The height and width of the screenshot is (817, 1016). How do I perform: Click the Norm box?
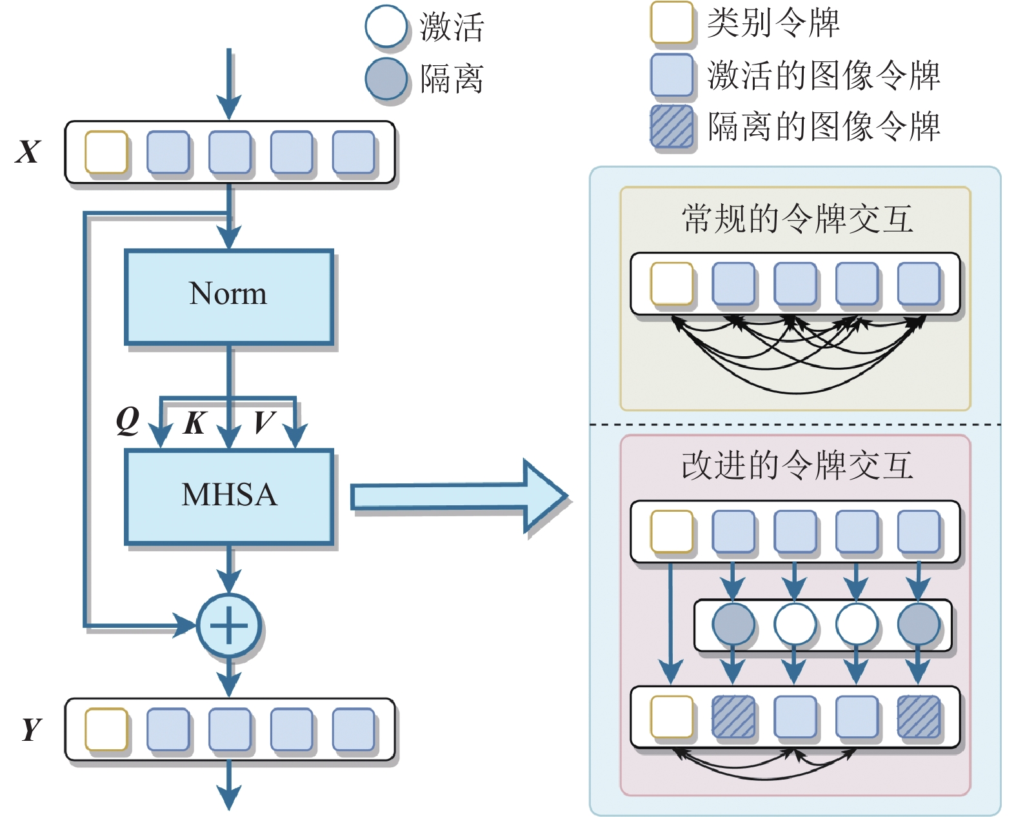tap(229, 296)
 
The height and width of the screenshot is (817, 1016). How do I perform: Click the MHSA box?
tap(229, 496)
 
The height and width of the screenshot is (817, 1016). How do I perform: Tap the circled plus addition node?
tap(229, 625)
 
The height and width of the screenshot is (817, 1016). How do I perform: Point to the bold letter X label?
tap(27, 152)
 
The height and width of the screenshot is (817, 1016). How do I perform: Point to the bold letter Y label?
tap(30, 729)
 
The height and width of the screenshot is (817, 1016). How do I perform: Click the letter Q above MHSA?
tap(128, 421)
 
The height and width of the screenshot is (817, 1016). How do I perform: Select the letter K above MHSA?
tap(194, 423)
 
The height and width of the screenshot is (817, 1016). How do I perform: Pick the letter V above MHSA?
tap(264, 423)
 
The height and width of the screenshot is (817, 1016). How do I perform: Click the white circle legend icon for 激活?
tap(386, 27)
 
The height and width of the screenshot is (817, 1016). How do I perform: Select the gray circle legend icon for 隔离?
tap(386, 79)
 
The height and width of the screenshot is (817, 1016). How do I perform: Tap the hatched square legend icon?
tap(672, 126)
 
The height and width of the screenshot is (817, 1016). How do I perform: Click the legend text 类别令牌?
tap(773, 23)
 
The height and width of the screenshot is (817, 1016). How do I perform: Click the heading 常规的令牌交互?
tap(797, 219)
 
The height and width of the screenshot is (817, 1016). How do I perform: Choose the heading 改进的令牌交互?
tap(797, 465)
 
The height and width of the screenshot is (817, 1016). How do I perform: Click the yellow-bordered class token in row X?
tap(106, 152)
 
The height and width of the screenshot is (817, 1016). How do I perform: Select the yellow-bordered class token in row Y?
tap(106, 729)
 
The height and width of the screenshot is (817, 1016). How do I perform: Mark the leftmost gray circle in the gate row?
tap(733, 625)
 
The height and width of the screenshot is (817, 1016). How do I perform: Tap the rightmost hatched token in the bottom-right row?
tap(919, 716)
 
